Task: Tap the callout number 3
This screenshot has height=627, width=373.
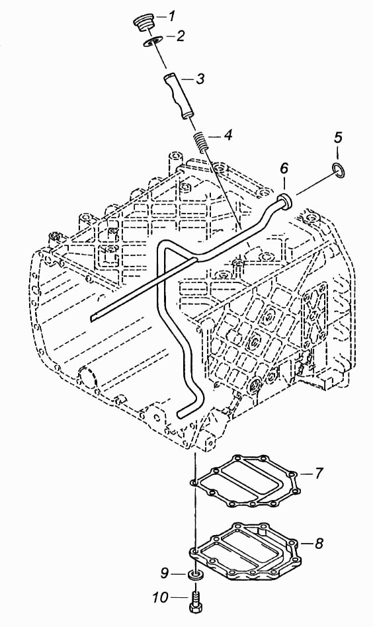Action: [x=200, y=78]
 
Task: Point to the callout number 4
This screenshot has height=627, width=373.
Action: [x=228, y=135]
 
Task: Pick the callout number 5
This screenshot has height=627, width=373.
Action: [x=338, y=138]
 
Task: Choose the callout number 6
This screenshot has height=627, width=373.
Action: [x=284, y=169]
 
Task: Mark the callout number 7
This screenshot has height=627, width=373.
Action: [x=318, y=474]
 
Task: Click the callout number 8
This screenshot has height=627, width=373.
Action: [x=319, y=544]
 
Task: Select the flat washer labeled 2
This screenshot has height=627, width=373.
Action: [x=152, y=42]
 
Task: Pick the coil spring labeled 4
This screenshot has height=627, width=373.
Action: [x=200, y=141]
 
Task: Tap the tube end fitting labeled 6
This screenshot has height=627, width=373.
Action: [x=286, y=201]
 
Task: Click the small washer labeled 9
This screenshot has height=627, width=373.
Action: [x=194, y=575]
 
